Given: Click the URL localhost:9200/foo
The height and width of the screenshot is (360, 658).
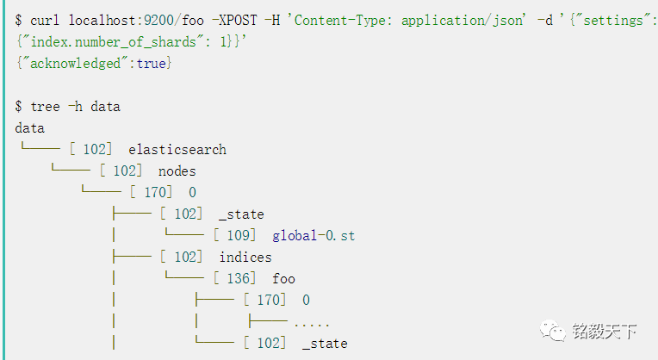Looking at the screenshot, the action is pos(125,19).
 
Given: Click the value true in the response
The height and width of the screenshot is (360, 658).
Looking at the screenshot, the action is pos(152,63).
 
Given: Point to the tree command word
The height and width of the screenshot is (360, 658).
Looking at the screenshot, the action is pos(45,107).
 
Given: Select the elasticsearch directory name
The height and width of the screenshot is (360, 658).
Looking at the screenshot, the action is pos(177,150).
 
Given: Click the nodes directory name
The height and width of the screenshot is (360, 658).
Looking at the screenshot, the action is pos(177,171).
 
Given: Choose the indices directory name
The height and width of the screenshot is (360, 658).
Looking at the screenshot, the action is pos(245,257).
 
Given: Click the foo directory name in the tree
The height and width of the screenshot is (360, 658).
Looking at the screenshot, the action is pos(283,278).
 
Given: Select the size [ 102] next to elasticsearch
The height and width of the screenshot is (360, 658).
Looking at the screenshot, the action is pos(91,150).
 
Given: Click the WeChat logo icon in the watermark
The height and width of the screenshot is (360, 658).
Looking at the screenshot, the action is pos(553,331).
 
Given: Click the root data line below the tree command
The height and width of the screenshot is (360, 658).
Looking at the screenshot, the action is pos(29,128).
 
